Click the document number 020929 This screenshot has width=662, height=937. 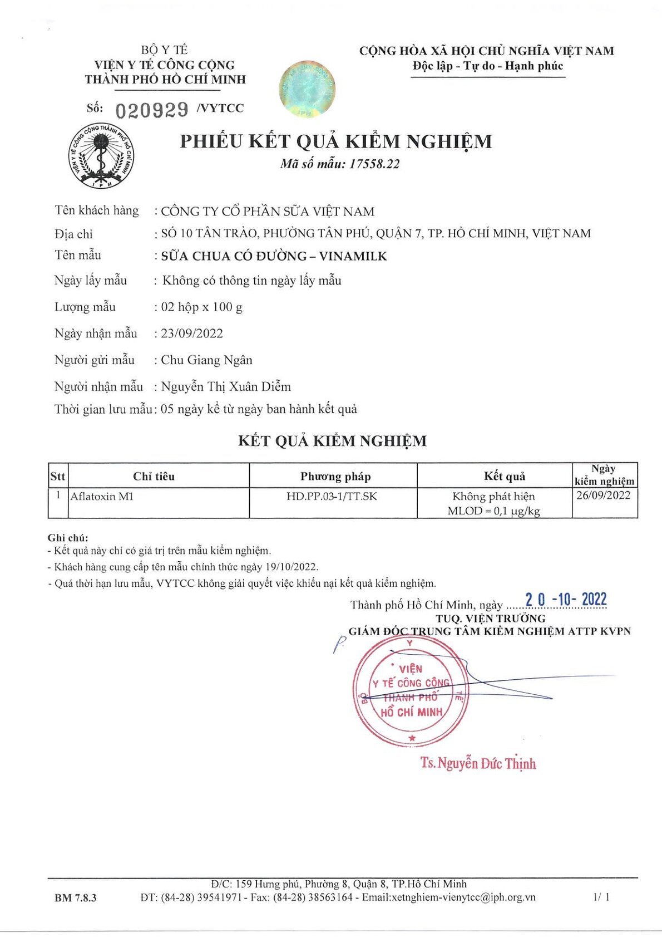[x=152, y=110]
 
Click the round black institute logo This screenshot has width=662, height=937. [x=101, y=156]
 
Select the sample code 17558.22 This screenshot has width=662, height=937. [x=374, y=164]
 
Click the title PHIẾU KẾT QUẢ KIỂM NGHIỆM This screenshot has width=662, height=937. [x=336, y=141]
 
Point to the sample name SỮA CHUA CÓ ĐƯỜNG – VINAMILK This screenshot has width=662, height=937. [x=274, y=256]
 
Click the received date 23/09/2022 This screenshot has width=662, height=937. [x=192, y=333]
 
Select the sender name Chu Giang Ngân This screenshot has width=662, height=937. [x=206, y=360]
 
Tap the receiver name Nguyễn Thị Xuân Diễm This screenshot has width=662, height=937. [x=226, y=386]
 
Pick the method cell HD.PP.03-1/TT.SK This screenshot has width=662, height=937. [x=332, y=496]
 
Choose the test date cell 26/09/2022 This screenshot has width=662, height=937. [x=604, y=495]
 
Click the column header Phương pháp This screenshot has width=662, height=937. [x=335, y=476]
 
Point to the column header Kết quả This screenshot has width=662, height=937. [x=505, y=476]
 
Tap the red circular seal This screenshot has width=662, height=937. [x=411, y=691]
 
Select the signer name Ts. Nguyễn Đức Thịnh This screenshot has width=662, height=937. [x=478, y=763]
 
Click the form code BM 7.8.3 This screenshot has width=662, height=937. [x=76, y=897]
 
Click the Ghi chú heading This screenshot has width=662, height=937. [x=68, y=538]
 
